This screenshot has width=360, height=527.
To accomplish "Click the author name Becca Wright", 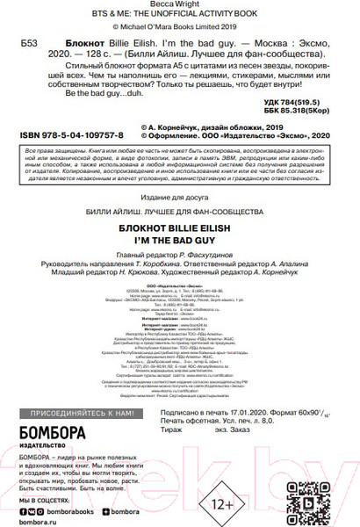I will click(x=180, y=5).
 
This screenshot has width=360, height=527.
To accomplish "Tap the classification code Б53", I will click(x=29, y=42).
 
